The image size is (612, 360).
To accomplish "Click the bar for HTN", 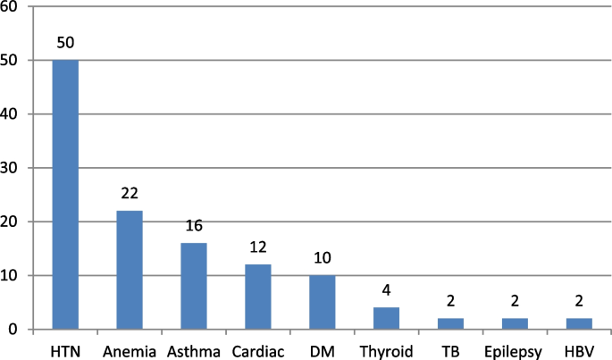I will (x=65, y=195).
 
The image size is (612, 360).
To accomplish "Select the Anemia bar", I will (x=130, y=270).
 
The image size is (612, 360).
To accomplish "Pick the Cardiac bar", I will (x=258, y=297).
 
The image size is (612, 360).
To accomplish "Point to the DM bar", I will (x=323, y=302).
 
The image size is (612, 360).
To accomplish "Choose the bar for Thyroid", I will (x=387, y=318).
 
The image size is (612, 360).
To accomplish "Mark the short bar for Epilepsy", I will (x=516, y=323).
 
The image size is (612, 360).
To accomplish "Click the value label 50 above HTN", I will (x=65, y=43).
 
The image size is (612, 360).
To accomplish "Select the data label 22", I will (x=130, y=194).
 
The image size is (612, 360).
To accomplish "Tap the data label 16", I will (x=194, y=226).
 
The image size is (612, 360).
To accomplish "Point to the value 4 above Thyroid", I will (x=387, y=291).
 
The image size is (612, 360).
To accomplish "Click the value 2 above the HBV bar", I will (x=580, y=302).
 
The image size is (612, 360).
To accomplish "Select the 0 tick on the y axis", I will (x=19, y=330).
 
